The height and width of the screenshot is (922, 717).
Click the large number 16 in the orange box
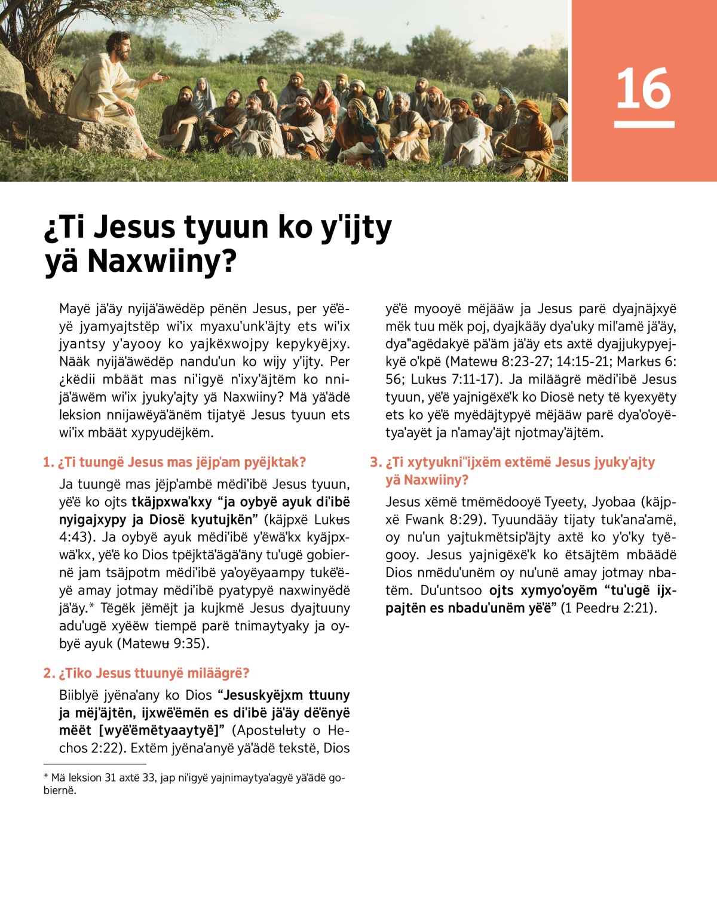tap(644, 88)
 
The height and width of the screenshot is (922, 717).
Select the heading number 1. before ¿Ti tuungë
tap(48, 462)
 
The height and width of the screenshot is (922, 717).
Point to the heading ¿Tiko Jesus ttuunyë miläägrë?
tap(154, 673)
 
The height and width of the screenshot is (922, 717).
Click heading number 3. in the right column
tap(375, 462)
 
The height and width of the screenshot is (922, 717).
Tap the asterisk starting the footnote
tap(46, 777)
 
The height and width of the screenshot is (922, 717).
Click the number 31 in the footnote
tap(111, 778)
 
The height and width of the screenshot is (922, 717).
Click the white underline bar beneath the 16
tap(644, 124)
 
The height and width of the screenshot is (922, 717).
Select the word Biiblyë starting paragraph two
tap(78, 696)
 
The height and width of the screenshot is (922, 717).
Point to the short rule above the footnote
tap(94, 764)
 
